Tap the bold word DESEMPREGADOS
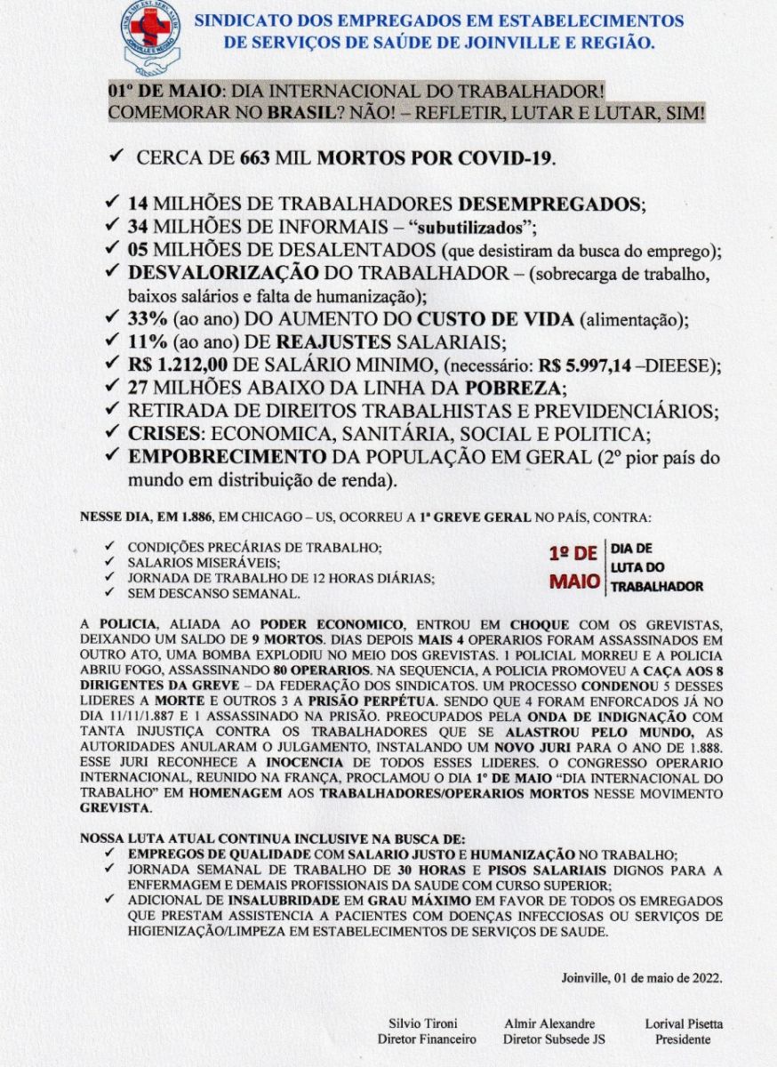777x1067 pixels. [x=548, y=203]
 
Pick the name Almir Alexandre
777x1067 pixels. [x=549, y=1023]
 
